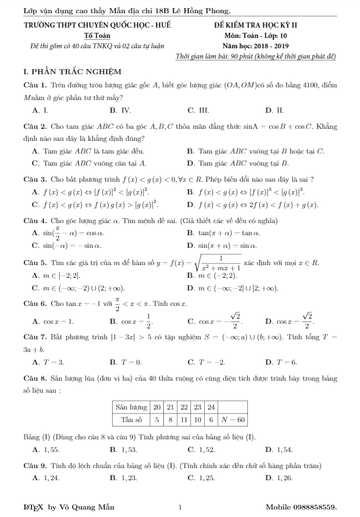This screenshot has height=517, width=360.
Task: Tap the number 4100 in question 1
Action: (306, 85)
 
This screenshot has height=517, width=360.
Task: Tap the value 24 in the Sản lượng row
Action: (210, 407)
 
